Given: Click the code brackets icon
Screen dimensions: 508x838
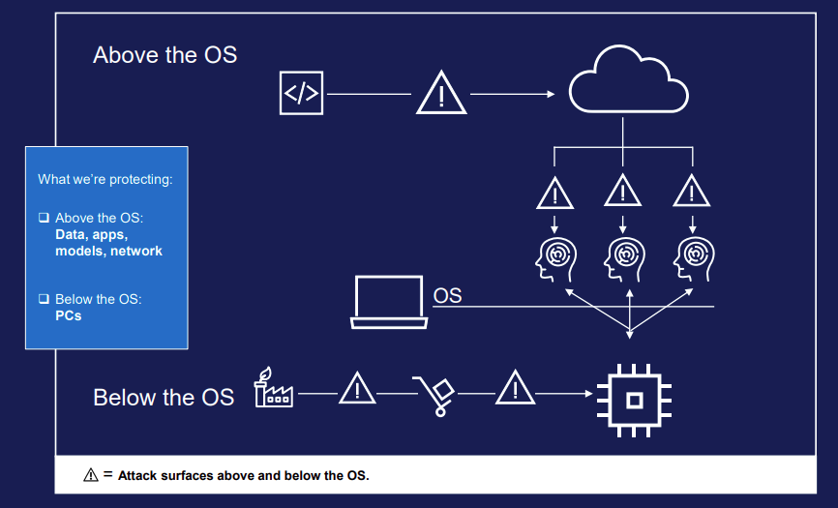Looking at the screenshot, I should pos(301,93).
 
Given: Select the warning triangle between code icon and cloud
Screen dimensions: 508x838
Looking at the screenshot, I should pos(442,94).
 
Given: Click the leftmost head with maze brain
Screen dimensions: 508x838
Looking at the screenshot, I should pos(554,256).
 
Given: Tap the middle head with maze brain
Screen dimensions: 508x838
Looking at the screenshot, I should pos(622,256).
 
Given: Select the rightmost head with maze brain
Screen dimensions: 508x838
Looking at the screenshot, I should pos(691,256).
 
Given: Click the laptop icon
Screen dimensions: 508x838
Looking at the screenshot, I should pos(390,301).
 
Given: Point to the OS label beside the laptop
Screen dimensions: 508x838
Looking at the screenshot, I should pos(447,295).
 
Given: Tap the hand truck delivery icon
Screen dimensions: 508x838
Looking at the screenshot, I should pos(434,394).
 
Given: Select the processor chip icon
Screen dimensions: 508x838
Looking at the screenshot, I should pos(634,397).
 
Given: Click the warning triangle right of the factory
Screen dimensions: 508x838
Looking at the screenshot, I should pos(357,389).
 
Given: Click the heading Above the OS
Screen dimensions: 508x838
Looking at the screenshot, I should pos(165,54).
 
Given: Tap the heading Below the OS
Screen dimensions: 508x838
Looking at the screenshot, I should pos(164,397).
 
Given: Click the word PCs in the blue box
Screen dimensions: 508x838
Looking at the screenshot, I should pos(69,315).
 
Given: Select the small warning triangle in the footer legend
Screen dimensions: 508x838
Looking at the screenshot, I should pos(91,475).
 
